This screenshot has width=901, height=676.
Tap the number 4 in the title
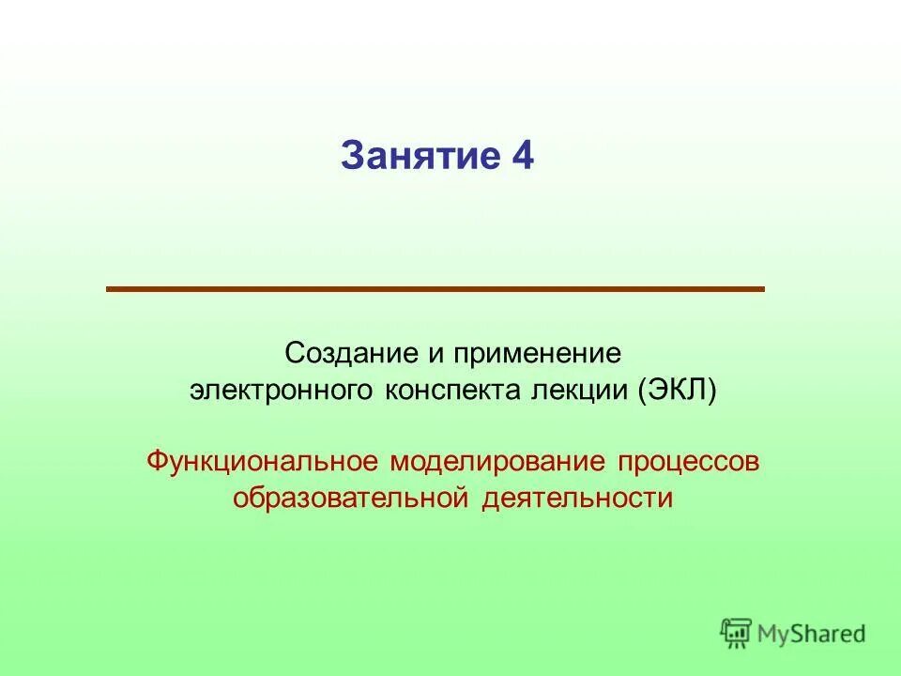(x=523, y=156)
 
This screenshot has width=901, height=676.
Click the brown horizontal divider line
(x=435, y=289)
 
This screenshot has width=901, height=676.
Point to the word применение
(x=538, y=354)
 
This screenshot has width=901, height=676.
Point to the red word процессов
(x=688, y=462)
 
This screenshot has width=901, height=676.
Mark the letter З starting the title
(x=351, y=156)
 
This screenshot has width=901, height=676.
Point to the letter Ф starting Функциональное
(x=157, y=462)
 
